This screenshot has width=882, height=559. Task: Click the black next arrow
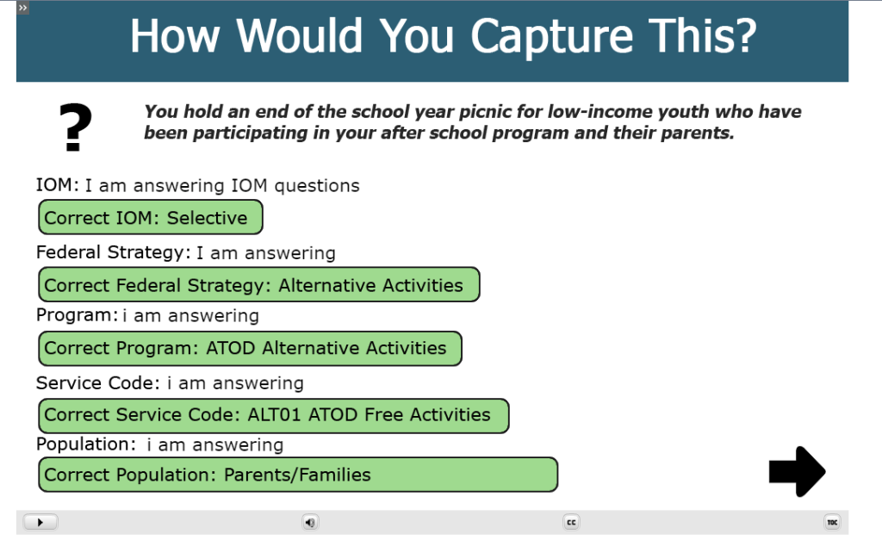click(x=797, y=472)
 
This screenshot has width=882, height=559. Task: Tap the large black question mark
click(x=76, y=127)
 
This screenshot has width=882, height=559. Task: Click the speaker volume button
click(x=310, y=523)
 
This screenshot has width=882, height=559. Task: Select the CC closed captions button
click(x=571, y=523)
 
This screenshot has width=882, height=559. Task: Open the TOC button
click(x=832, y=523)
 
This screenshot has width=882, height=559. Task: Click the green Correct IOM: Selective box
click(x=150, y=218)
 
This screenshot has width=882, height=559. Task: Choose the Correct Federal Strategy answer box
click(x=258, y=284)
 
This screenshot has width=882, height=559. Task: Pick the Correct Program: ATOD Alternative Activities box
click(x=250, y=348)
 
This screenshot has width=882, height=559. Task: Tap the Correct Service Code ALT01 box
click(x=273, y=416)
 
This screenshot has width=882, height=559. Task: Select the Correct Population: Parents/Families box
click(x=298, y=475)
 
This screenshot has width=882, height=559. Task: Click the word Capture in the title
click(x=552, y=37)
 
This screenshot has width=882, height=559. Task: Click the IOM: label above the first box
click(x=58, y=185)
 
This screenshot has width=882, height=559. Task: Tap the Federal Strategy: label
click(x=114, y=252)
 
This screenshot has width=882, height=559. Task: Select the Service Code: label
click(x=98, y=383)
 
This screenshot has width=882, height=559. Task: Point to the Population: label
click(x=86, y=444)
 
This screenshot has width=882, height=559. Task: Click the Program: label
click(x=77, y=315)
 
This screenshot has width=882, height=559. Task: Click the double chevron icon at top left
click(x=22, y=8)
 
